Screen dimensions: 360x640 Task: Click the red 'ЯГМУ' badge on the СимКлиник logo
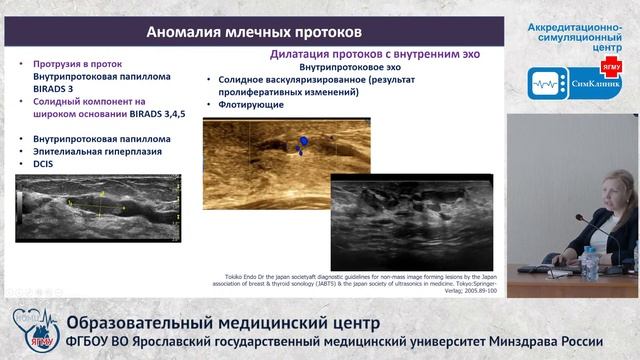pos(610,67)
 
